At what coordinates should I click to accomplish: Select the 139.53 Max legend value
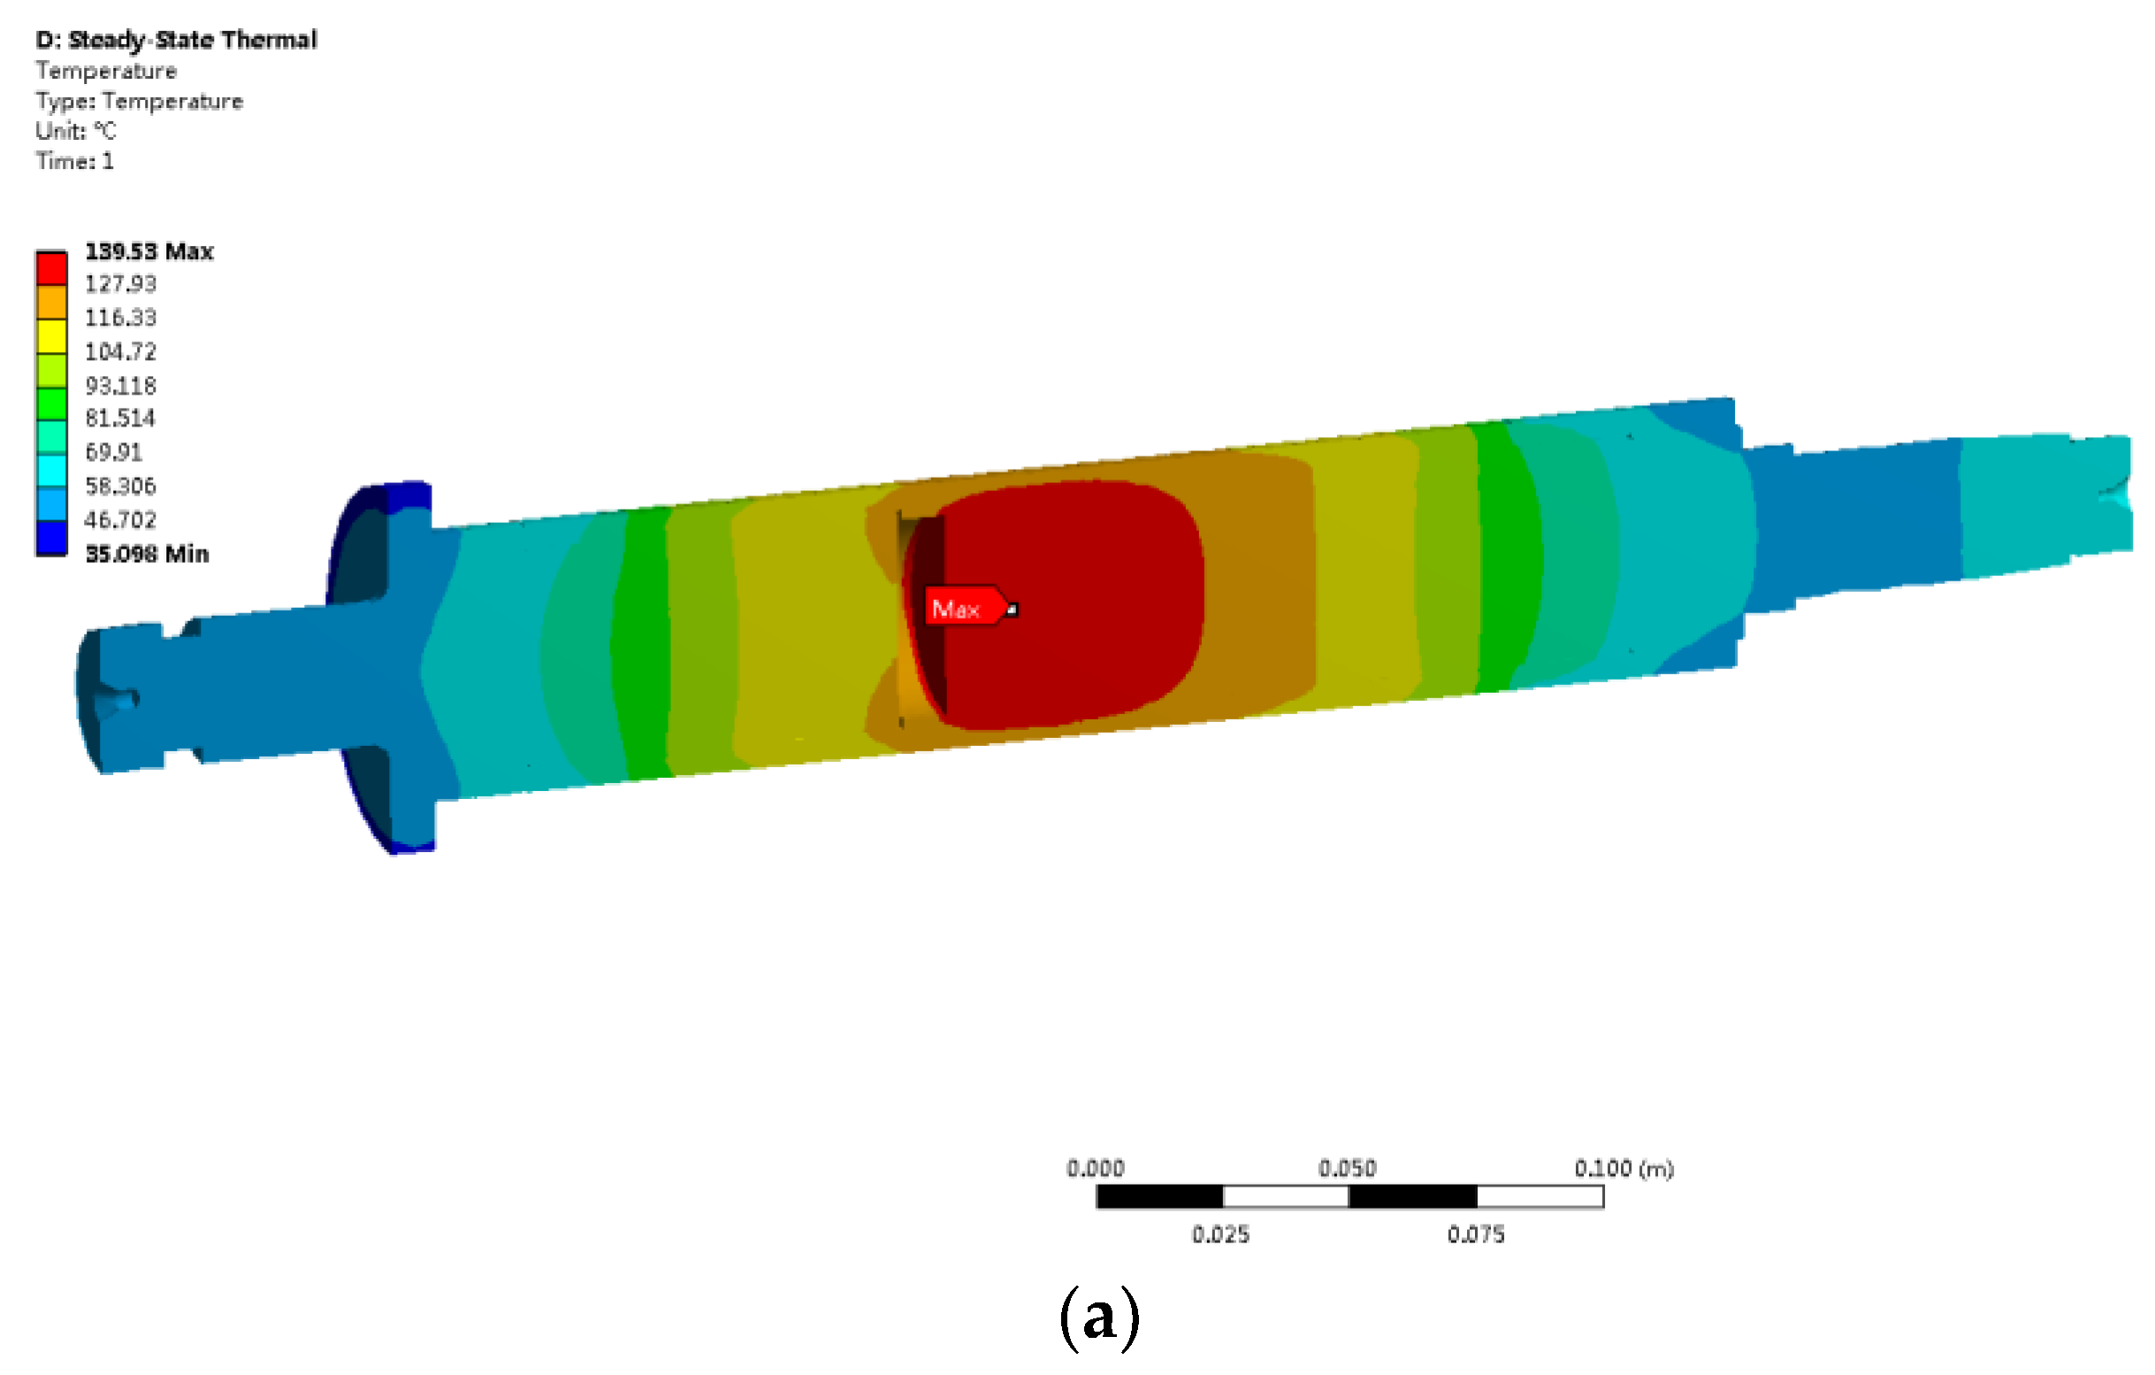pos(149,251)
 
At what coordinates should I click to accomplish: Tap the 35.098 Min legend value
pos(148,554)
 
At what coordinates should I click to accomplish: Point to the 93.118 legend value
pos(121,386)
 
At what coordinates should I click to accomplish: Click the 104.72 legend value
pos(121,352)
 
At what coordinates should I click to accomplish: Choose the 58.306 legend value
pos(121,486)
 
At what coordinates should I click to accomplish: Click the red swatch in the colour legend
pos(52,269)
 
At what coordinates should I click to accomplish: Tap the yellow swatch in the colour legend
pos(52,336)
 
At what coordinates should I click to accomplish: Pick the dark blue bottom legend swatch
pos(52,538)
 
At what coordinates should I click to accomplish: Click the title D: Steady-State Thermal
pos(176,41)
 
